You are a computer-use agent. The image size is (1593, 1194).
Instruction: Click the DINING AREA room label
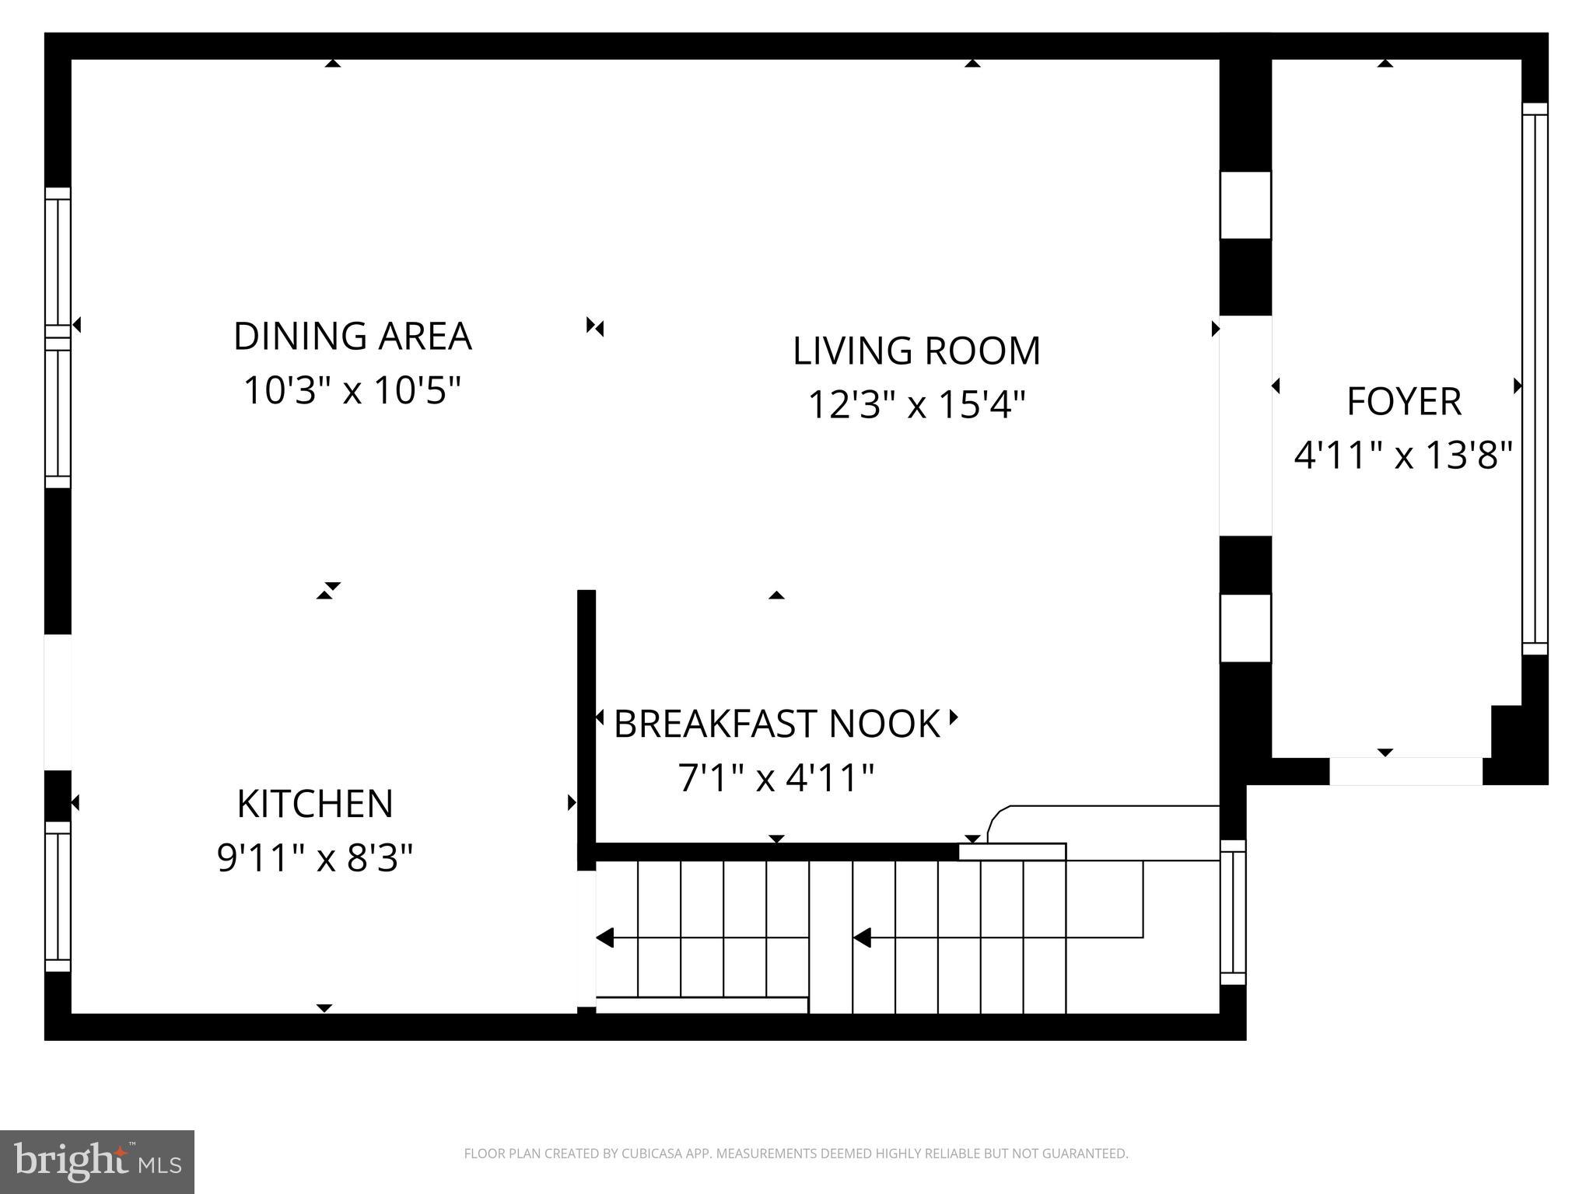[x=352, y=337]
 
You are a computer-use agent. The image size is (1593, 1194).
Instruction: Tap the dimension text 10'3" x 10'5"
[x=352, y=390]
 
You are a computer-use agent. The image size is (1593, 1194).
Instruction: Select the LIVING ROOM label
[x=916, y=351]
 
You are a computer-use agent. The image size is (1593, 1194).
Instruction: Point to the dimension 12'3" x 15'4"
[x=916, y=405]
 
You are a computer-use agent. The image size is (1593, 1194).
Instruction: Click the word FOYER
[x=1404, y=402]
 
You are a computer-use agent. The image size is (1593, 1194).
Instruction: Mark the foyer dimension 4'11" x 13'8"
[x=1404, y=456]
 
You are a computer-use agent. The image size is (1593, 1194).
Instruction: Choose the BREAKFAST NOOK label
[x=776, y=724]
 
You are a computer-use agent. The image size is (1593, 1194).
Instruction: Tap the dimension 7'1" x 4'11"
[x=776, y=778]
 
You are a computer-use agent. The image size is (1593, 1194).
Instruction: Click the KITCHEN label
[x=315, y=804]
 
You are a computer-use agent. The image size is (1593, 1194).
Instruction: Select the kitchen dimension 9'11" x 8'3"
[x=315, y=858]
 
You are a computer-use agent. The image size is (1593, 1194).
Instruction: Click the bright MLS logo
[x=97, y=1161]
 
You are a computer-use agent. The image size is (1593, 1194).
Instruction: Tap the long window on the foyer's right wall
[x=1535, y=379]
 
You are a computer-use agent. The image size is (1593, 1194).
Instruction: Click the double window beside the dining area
[x=58, y=337]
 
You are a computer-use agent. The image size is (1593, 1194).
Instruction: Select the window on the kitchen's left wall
[x=58, y=896]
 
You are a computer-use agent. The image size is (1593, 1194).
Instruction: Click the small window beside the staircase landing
[x=1233, y=912]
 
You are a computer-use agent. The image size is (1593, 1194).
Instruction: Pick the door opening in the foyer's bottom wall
[x=1406, y=771]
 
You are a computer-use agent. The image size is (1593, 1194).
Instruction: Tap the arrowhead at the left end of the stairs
[x=605, y=938]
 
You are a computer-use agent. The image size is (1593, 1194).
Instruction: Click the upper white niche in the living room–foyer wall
[x=1245, y=205]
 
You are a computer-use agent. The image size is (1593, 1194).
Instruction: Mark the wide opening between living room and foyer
[x=1245, y=426]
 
